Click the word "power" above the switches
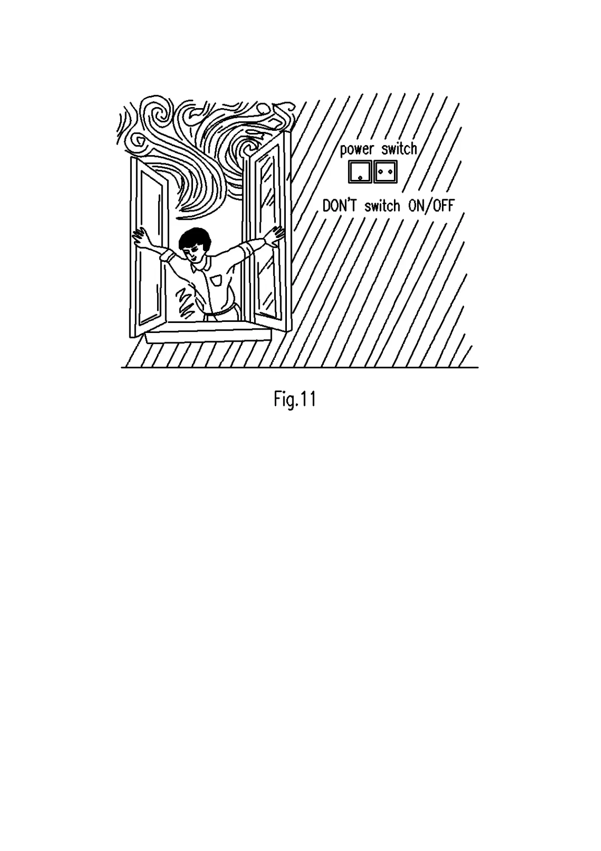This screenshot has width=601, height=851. coord(357,150)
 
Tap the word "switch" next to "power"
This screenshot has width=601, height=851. coord(399,149)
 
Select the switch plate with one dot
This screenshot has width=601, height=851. coord(360,172)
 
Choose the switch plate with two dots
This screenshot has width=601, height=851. coord(385,172)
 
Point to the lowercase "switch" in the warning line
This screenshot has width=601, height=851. coord(382,206)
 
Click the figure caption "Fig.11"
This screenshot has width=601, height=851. coord(295,400)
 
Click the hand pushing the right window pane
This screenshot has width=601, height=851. coord(277,234)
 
